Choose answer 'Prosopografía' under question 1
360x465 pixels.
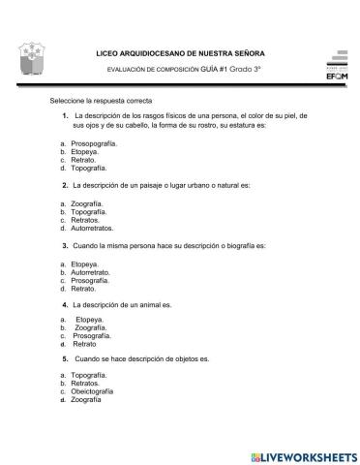click(x=95, y=142)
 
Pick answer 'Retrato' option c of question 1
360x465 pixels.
click(x=85, y=159)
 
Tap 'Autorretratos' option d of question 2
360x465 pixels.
click(x=93, y=229)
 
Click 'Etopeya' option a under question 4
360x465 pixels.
click(x=89, y=318)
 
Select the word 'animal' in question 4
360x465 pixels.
click(x=151, y=303)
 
